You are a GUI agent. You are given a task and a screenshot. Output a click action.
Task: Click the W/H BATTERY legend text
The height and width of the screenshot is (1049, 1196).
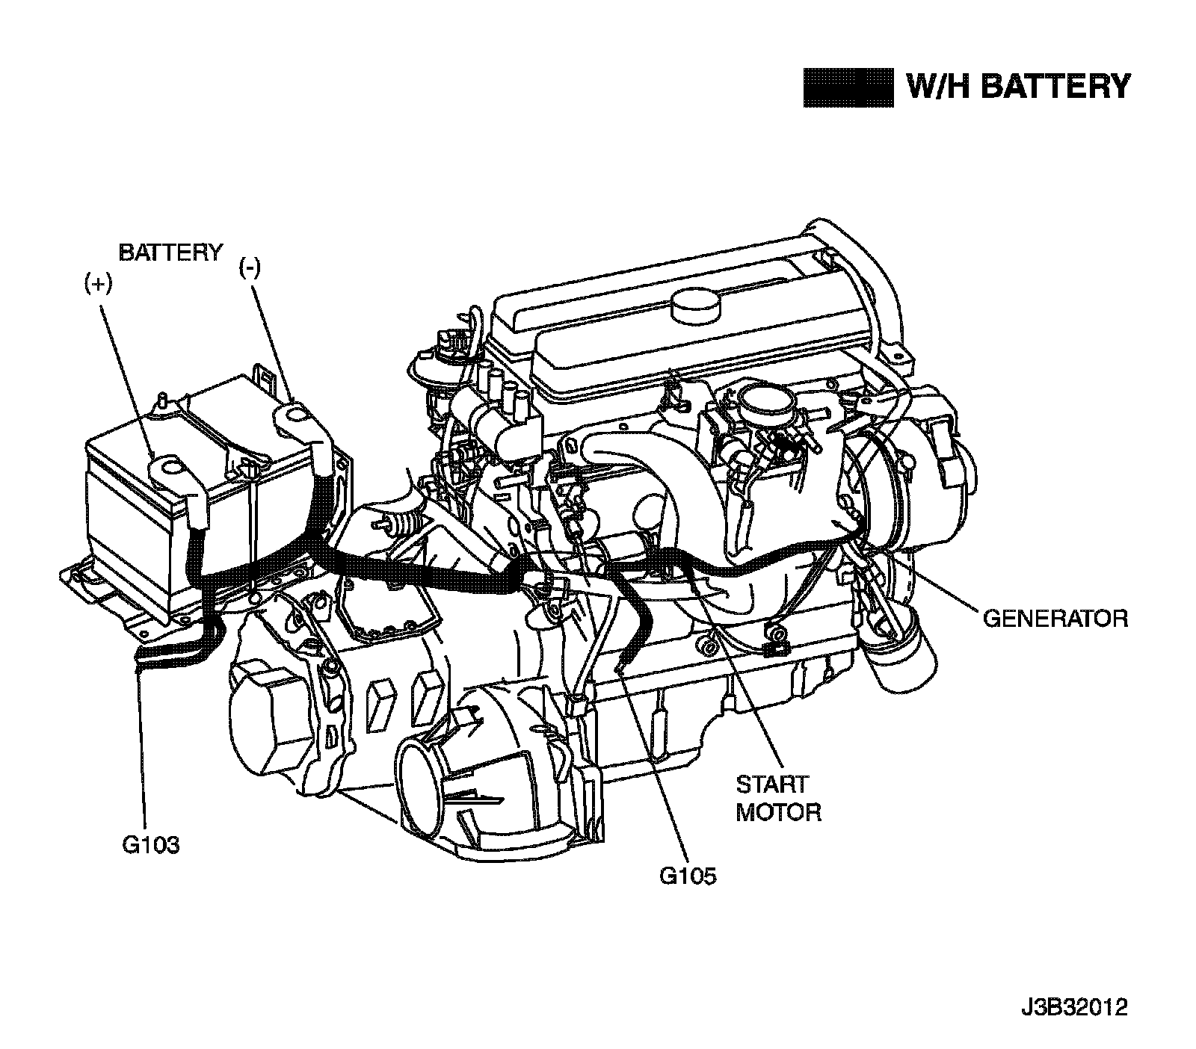click(x=1017, y=87)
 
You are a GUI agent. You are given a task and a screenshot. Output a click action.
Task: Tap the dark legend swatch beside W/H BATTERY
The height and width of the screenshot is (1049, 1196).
click(x=848, y=88)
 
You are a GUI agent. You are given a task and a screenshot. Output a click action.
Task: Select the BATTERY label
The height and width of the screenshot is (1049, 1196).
click(x=170, y=253)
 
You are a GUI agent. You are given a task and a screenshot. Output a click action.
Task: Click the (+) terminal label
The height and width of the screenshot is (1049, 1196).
click(x=97, y=285)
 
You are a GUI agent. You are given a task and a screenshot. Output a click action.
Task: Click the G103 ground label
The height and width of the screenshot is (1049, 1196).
click(x=150, y=845)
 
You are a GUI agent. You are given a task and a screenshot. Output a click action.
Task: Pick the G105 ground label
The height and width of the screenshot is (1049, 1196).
click(x=687, y=875)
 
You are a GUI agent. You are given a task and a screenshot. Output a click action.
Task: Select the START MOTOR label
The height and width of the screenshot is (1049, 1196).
click(x=778, y=798)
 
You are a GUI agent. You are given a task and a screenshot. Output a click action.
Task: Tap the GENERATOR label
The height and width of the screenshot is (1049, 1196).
click(x=1055, y=619)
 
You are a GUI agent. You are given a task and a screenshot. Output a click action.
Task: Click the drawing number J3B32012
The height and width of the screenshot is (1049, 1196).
click(x=1074, y=1008)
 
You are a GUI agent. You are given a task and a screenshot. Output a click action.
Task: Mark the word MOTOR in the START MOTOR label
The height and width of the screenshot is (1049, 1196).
click(x=778, y=812)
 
